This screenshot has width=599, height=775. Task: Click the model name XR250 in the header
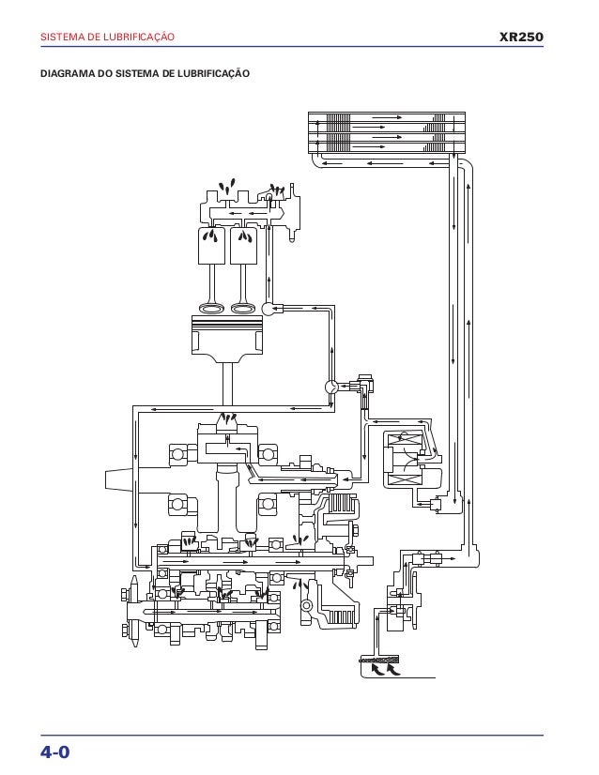tap(521, 38)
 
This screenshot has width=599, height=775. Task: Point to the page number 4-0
tap(54, 752)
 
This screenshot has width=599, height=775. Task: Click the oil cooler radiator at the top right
tap(387, 132)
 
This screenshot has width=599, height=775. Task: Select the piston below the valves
tap(227, 340)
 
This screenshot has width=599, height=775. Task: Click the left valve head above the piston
tap(212, 308)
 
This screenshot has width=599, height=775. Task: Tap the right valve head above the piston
tap(243, 308)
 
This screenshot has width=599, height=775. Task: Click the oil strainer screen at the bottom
tap(379, 659)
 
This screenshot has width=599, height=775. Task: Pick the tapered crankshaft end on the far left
tap(118, 479)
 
